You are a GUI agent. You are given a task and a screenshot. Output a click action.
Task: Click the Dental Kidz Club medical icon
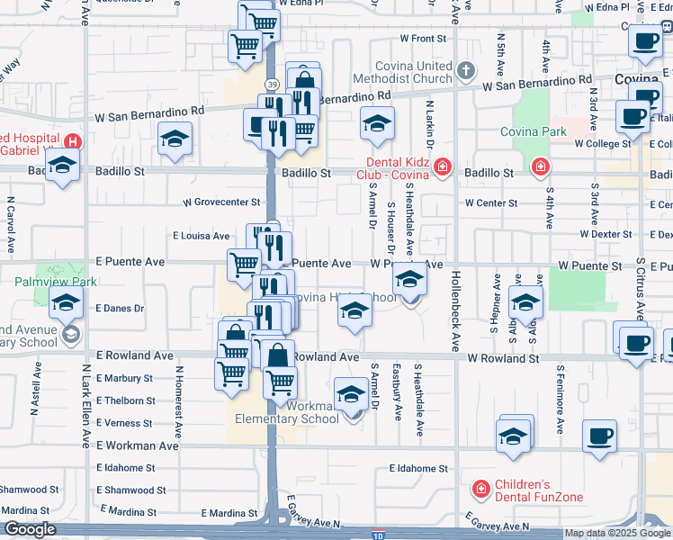tap(442, 166)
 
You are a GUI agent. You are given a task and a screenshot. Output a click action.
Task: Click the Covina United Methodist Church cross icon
tap(465, 69)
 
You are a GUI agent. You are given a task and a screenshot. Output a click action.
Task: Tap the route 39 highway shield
tap(272, 83)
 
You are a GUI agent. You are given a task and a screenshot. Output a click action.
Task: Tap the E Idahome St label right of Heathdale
tap(418, 469)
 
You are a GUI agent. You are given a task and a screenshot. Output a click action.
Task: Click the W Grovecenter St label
tap(222, 203)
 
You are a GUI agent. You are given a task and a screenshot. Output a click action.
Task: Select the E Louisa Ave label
tap(202, 236)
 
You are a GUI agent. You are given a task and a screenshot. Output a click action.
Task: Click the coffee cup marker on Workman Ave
tap(598, 437)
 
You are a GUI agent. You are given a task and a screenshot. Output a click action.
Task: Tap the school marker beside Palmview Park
tap(65, 305)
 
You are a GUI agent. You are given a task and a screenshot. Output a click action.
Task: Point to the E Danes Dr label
tap(120, 308)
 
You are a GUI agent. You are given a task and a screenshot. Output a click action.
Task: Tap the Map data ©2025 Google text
tap(617, 533)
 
